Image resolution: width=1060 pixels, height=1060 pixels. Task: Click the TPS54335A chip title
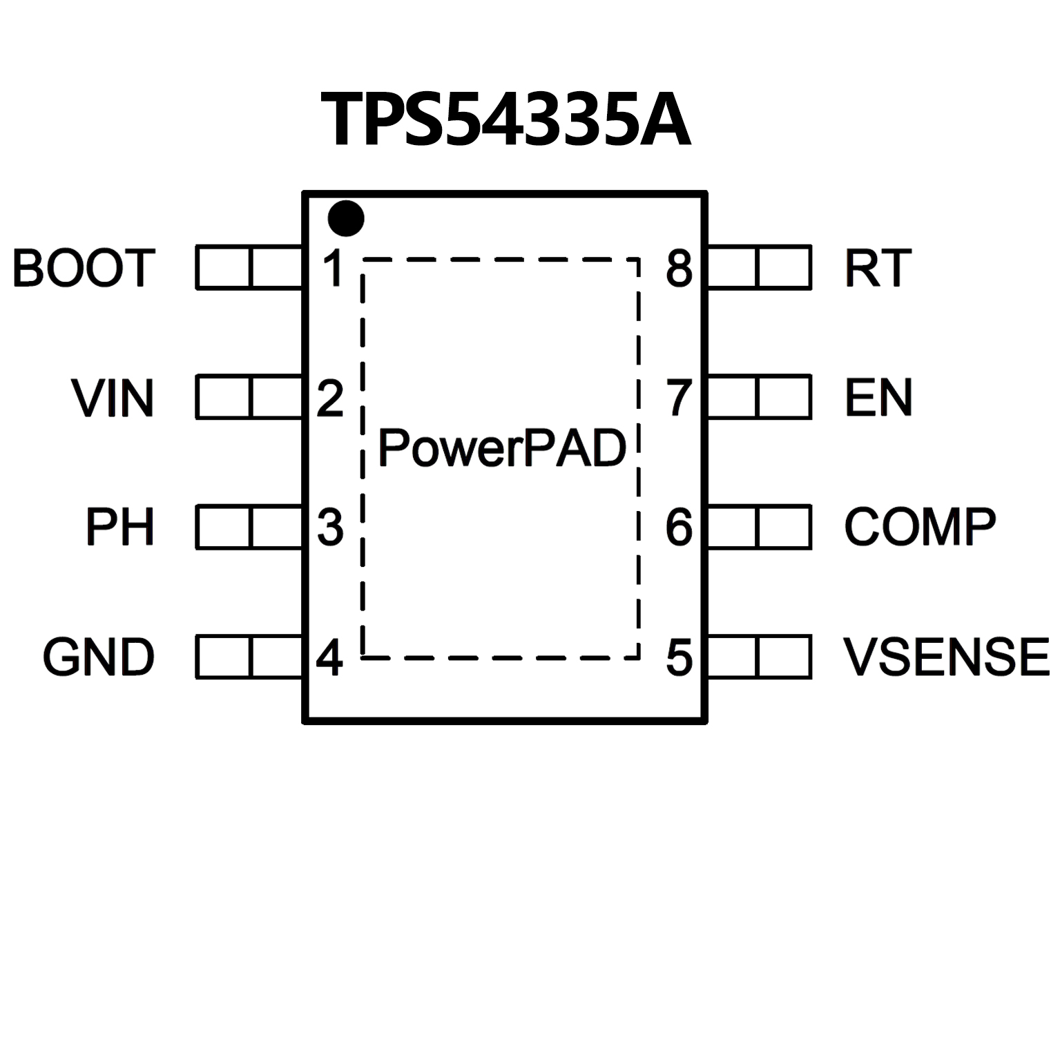(505, 120)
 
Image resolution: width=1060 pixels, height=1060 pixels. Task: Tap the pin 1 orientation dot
(345, 219)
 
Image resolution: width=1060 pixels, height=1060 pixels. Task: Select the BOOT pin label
(84, 268)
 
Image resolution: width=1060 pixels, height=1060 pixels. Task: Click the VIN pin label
(113, 398)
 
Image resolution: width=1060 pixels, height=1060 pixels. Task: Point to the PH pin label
(119, 527)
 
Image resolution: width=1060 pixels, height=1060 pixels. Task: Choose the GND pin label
(99, 657)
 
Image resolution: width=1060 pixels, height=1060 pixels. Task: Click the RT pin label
(878, 268)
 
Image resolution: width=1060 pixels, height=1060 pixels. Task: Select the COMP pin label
(920, 527)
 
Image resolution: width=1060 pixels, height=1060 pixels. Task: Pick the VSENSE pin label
(946, 657)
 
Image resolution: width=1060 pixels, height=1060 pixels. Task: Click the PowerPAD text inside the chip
(502, 448)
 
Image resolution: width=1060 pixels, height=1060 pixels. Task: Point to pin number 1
(334, 268)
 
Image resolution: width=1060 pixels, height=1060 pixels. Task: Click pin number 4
(329, 657)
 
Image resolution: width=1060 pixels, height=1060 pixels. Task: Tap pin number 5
(679, 657)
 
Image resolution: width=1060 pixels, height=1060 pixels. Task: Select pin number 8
(679, 268)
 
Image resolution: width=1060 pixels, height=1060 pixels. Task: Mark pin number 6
(679, 528)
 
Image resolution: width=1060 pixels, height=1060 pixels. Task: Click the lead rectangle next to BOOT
(249, 267)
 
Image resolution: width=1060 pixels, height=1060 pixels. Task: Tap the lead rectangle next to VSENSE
(759, 657)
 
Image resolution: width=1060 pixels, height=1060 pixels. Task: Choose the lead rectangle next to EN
(759, 397)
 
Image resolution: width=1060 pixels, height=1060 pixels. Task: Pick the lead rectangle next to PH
(249, 527)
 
